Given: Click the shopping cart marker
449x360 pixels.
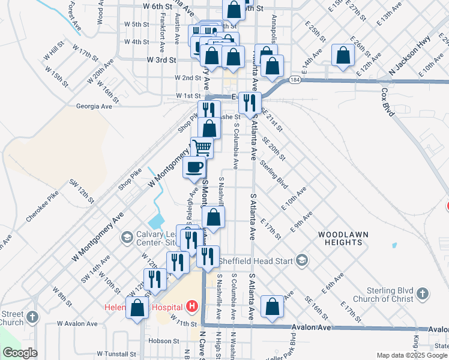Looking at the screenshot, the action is point(202,146).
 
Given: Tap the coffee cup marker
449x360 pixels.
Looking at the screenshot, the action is point(194,167).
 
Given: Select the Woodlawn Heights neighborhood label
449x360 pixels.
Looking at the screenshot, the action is point(343,238).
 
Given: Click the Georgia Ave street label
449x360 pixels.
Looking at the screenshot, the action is point(94,106).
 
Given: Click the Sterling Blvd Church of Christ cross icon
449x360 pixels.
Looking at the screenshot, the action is point(423,293).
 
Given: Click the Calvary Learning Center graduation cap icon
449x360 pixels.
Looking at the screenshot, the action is point(127,238).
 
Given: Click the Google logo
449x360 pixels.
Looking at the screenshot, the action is point(20,353).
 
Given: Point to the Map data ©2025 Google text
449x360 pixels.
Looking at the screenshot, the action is point(411,355).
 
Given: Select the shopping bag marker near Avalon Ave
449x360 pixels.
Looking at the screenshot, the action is point(273,306).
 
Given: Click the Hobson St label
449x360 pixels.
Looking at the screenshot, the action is point(161,341).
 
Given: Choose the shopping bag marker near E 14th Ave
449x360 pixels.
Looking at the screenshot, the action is point(342,55).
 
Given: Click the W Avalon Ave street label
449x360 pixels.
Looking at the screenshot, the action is point(77,324).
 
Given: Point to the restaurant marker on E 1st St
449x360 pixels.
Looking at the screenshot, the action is point(249,102).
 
